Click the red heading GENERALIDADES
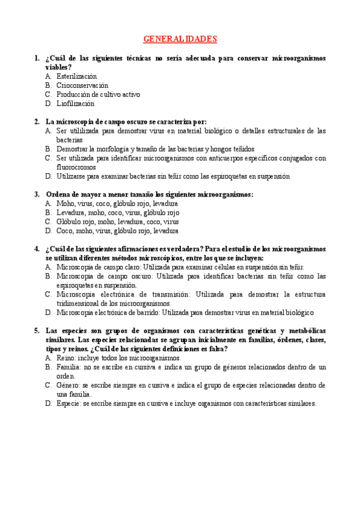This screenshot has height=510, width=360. coord(180,39)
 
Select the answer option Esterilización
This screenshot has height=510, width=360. coord(76,77)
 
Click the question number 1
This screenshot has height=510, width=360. coord(37,59)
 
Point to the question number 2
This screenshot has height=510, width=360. coord(37,121)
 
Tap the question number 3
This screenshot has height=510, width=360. coord(37,194)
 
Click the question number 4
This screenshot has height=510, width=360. coord(37,249)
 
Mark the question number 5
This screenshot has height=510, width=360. coord(37,331)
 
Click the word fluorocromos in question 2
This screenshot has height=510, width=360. coord(76,168)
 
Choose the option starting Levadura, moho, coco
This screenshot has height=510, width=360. coord(117,212)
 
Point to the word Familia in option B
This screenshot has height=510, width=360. coord(69,366)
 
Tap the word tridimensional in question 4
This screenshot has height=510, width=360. coord(79,304)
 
